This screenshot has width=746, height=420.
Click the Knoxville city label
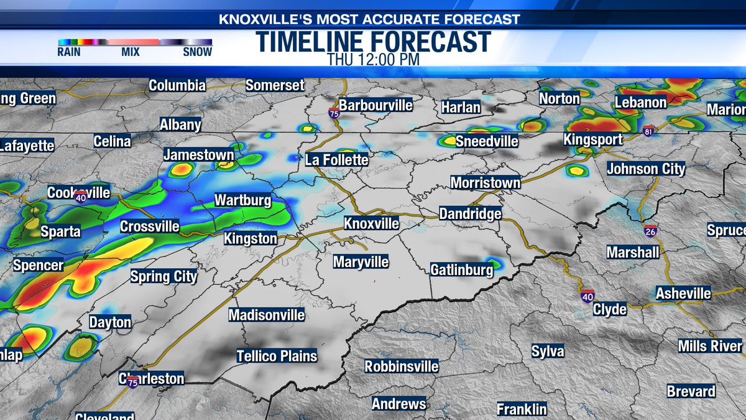coord(372,223)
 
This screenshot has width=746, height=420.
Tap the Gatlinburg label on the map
coord(462,269)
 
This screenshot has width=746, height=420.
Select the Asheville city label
coord(684,293)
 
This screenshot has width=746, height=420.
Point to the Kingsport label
coord(592,139)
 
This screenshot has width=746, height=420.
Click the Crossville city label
coord(149,226)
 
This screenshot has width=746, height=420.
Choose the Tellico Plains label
coord(277,357)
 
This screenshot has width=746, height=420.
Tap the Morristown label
coord(486,183)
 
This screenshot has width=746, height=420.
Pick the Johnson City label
coord(646,169)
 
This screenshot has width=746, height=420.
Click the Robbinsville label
coord(402,366)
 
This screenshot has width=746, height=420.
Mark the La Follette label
coord(337,160)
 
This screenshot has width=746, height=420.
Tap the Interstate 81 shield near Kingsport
coord(648,131)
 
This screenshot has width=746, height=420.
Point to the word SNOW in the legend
coord(197,52)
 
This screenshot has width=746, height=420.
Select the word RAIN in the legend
coord(69,52)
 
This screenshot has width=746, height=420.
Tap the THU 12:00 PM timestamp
coord(373,60)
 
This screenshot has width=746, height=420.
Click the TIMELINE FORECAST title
coord(373,42)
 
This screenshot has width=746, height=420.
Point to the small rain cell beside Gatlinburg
coord(494,264)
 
